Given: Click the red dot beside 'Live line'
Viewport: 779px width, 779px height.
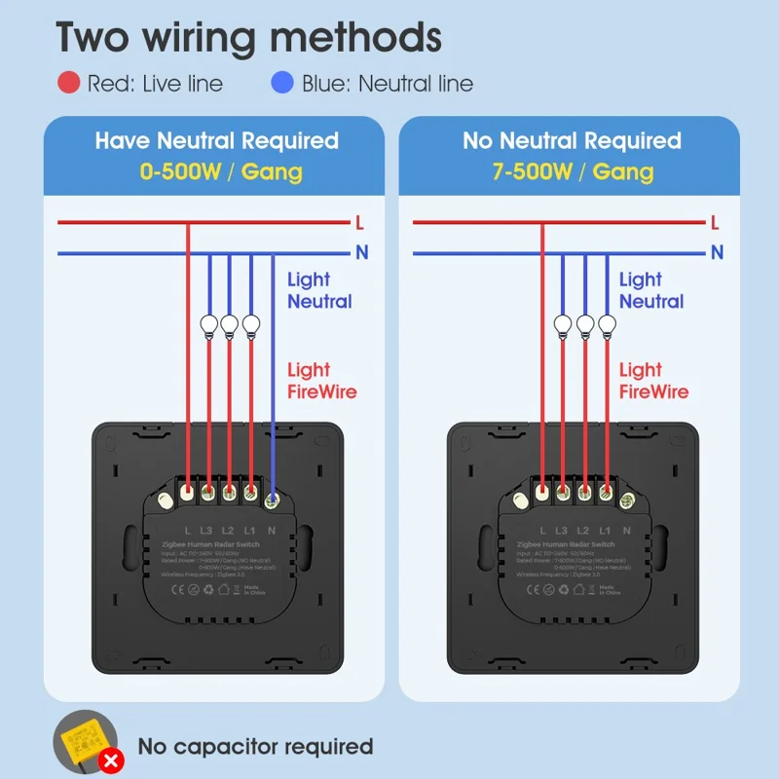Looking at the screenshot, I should tap(69, 83).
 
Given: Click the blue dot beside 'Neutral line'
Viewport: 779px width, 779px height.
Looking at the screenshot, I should tap(282, 83).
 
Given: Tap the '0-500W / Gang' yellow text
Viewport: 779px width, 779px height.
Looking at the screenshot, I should tap(221, 172).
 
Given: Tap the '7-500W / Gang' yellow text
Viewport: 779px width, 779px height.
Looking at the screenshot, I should tap(573, 172).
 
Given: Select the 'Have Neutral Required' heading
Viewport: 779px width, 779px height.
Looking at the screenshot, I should tap(216, 140).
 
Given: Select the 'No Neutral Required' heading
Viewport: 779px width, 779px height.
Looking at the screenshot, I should tap(572, 140).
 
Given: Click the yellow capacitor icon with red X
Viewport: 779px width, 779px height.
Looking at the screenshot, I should tap(87, 744).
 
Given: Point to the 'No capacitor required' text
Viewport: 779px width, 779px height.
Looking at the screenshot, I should tap(255, 747).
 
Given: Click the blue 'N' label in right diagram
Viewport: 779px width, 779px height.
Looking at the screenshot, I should tap(718, 252).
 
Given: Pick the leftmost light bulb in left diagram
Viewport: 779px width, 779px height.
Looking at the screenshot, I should tap(208, 324).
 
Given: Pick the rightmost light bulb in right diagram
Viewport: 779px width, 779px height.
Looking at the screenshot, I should tap(607, 324).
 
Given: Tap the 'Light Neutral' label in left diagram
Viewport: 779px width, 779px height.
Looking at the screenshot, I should tap(319, 290).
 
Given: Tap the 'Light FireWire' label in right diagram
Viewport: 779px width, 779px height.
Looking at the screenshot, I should tap(653, 381).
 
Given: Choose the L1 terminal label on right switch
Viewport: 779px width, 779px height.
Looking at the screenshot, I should tap(607, 531).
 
